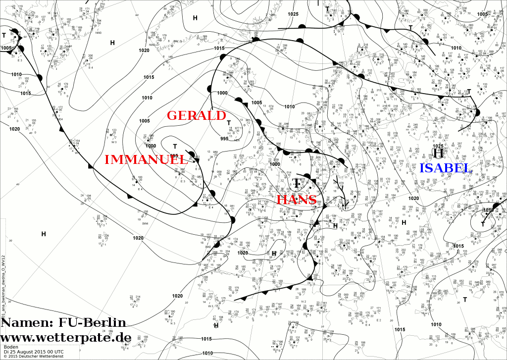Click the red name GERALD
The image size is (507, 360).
196,115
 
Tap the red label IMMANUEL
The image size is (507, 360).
146,159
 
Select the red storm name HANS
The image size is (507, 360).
297,200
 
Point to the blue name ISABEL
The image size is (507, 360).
446,168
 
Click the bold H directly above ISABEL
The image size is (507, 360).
438,154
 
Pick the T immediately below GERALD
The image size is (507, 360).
229,123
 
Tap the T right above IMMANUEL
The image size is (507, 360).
174,147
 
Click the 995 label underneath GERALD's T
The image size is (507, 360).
224,139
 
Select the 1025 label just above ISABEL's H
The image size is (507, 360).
438,146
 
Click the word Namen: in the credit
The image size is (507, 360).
26,323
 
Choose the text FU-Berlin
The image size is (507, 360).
92,323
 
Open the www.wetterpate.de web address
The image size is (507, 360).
65,338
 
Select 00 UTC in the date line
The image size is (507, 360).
55,352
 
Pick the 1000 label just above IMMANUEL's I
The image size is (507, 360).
151,146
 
